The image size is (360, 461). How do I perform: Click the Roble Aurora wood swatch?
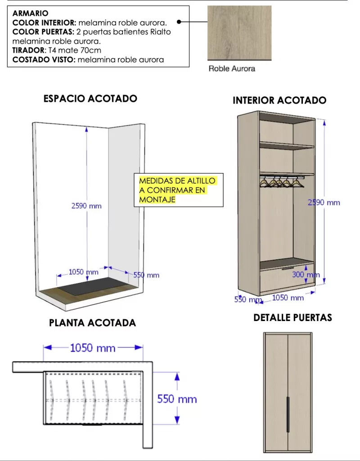[x=239, y=33]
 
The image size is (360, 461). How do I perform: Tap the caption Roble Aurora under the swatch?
[x=232, y=69]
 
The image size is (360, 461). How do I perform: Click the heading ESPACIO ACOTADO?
[x=90, y=99]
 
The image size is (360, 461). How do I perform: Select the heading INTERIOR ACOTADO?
[x=279, y=100]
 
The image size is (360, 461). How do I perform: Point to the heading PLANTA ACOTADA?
[x=92, y=323]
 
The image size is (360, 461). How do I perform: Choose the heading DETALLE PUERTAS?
[x=292, y=317]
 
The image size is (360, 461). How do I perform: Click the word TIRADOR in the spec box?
[x=28, y=50]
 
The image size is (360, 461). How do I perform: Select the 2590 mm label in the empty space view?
[x=86, y=206]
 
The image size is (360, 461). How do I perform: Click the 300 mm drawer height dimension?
[x=306, y=275]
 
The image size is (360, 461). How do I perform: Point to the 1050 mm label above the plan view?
[x=93, y=348]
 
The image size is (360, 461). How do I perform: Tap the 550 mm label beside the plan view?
[x=177, y=399]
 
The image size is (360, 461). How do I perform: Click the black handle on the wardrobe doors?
[x=288, y=414]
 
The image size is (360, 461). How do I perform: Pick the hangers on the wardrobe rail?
[x=282, y=182]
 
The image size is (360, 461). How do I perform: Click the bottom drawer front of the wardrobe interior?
[x=287, y=279]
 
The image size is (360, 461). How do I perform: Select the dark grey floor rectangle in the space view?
[x=93, y=286]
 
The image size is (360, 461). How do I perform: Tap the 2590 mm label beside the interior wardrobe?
[x=324, y=203]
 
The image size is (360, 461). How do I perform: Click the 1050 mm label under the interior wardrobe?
[x=288, y=298]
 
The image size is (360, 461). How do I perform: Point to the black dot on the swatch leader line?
[x=179, y=22]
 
